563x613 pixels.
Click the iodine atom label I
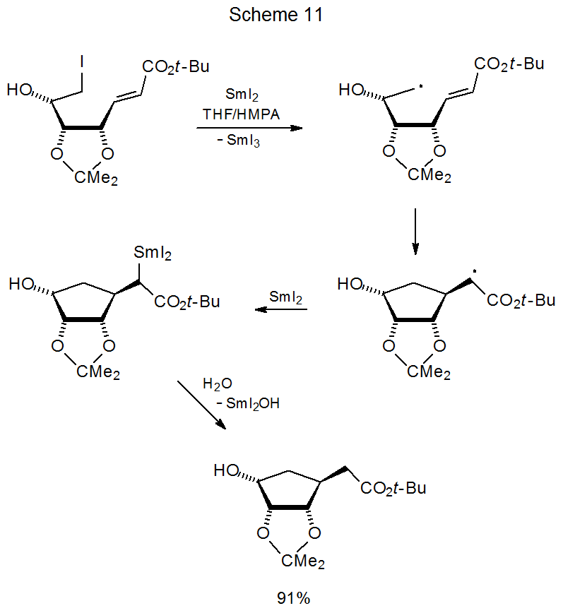point(83,62)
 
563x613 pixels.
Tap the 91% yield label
point(293,599)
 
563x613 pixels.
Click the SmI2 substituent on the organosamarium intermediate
point(153,251)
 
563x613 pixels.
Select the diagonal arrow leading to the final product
point(201,405)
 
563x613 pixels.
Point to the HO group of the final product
point(227,470)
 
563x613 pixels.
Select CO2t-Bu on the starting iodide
point(175,67)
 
